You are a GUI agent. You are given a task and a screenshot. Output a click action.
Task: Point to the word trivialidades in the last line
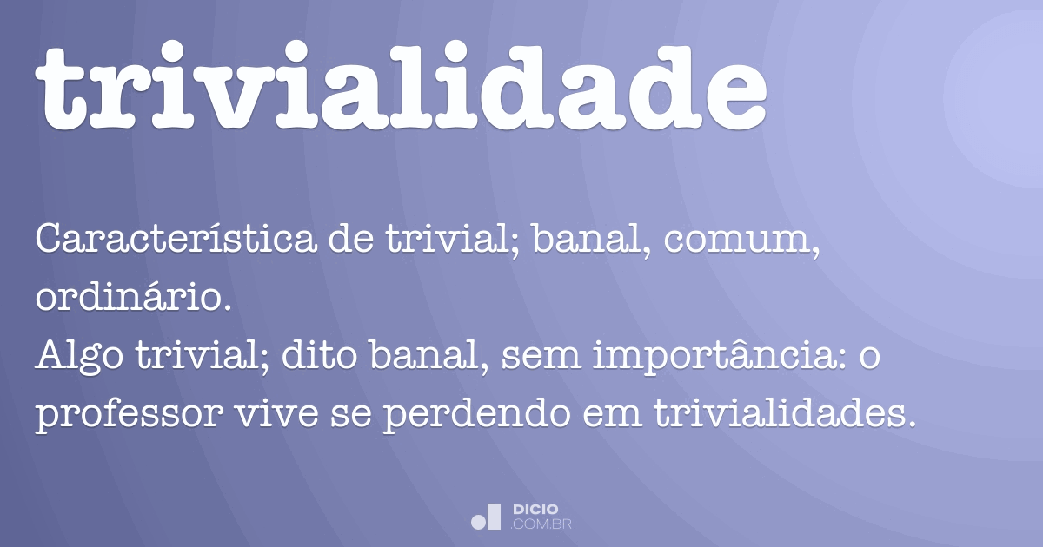click(785, 417)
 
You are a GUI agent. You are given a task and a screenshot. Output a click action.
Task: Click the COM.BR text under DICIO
click(541, 524)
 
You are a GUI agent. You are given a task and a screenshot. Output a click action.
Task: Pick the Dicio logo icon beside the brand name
click(486, 517)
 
